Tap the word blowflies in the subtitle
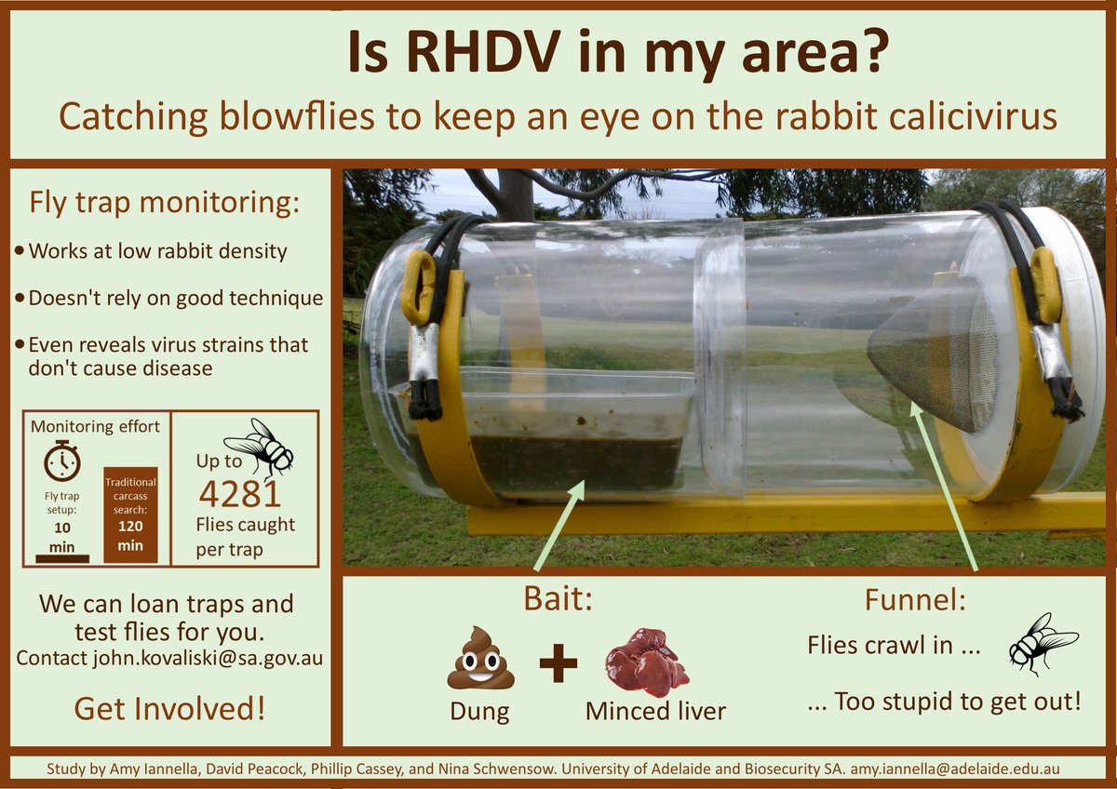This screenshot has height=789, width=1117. [297, 116]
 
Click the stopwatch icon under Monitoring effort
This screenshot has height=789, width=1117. [61, 461]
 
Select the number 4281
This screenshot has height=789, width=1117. [240, 494]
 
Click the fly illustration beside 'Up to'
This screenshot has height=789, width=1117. [260, 448]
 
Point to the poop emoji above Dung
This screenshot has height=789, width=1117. [480, 658]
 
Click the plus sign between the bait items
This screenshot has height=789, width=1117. [558, 662]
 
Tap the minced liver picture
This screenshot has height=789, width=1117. [647, 662]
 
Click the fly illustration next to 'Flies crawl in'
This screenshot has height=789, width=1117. [1043, 643]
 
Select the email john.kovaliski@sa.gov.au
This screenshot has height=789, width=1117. [208, 658]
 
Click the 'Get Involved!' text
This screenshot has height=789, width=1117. [169, 709]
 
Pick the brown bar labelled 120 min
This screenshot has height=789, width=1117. [130, 515]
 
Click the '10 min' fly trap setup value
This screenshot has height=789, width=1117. [61, 537]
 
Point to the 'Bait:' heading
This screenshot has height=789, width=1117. [558, 599]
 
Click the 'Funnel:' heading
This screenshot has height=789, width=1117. [915, 599]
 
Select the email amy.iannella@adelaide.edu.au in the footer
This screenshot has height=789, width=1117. [955, 769]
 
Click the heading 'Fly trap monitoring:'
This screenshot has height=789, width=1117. [165, 203]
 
